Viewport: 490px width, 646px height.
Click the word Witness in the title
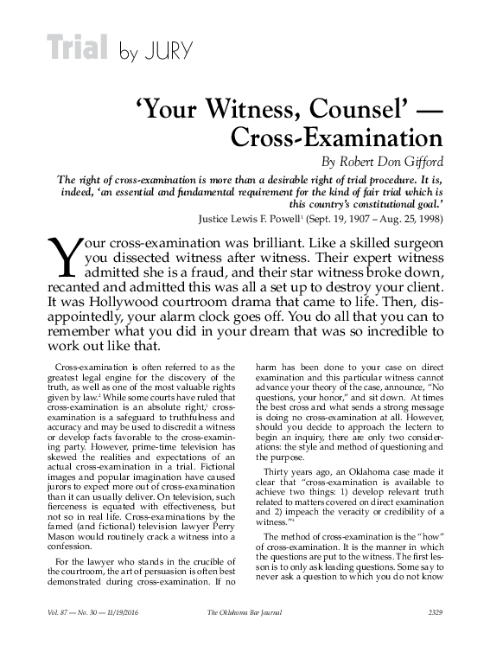pyautogui.click(x=267, y=110)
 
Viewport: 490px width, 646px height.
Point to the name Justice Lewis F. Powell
pyautogui.click(x=255, y=217)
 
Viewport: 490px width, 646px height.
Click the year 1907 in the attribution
pyautogui.click(x=365, y=217)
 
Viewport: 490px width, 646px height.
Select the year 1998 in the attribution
pyautogui.click(x=428, y=217)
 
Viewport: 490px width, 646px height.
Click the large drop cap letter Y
pyautogui.click(x=59, y=257)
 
